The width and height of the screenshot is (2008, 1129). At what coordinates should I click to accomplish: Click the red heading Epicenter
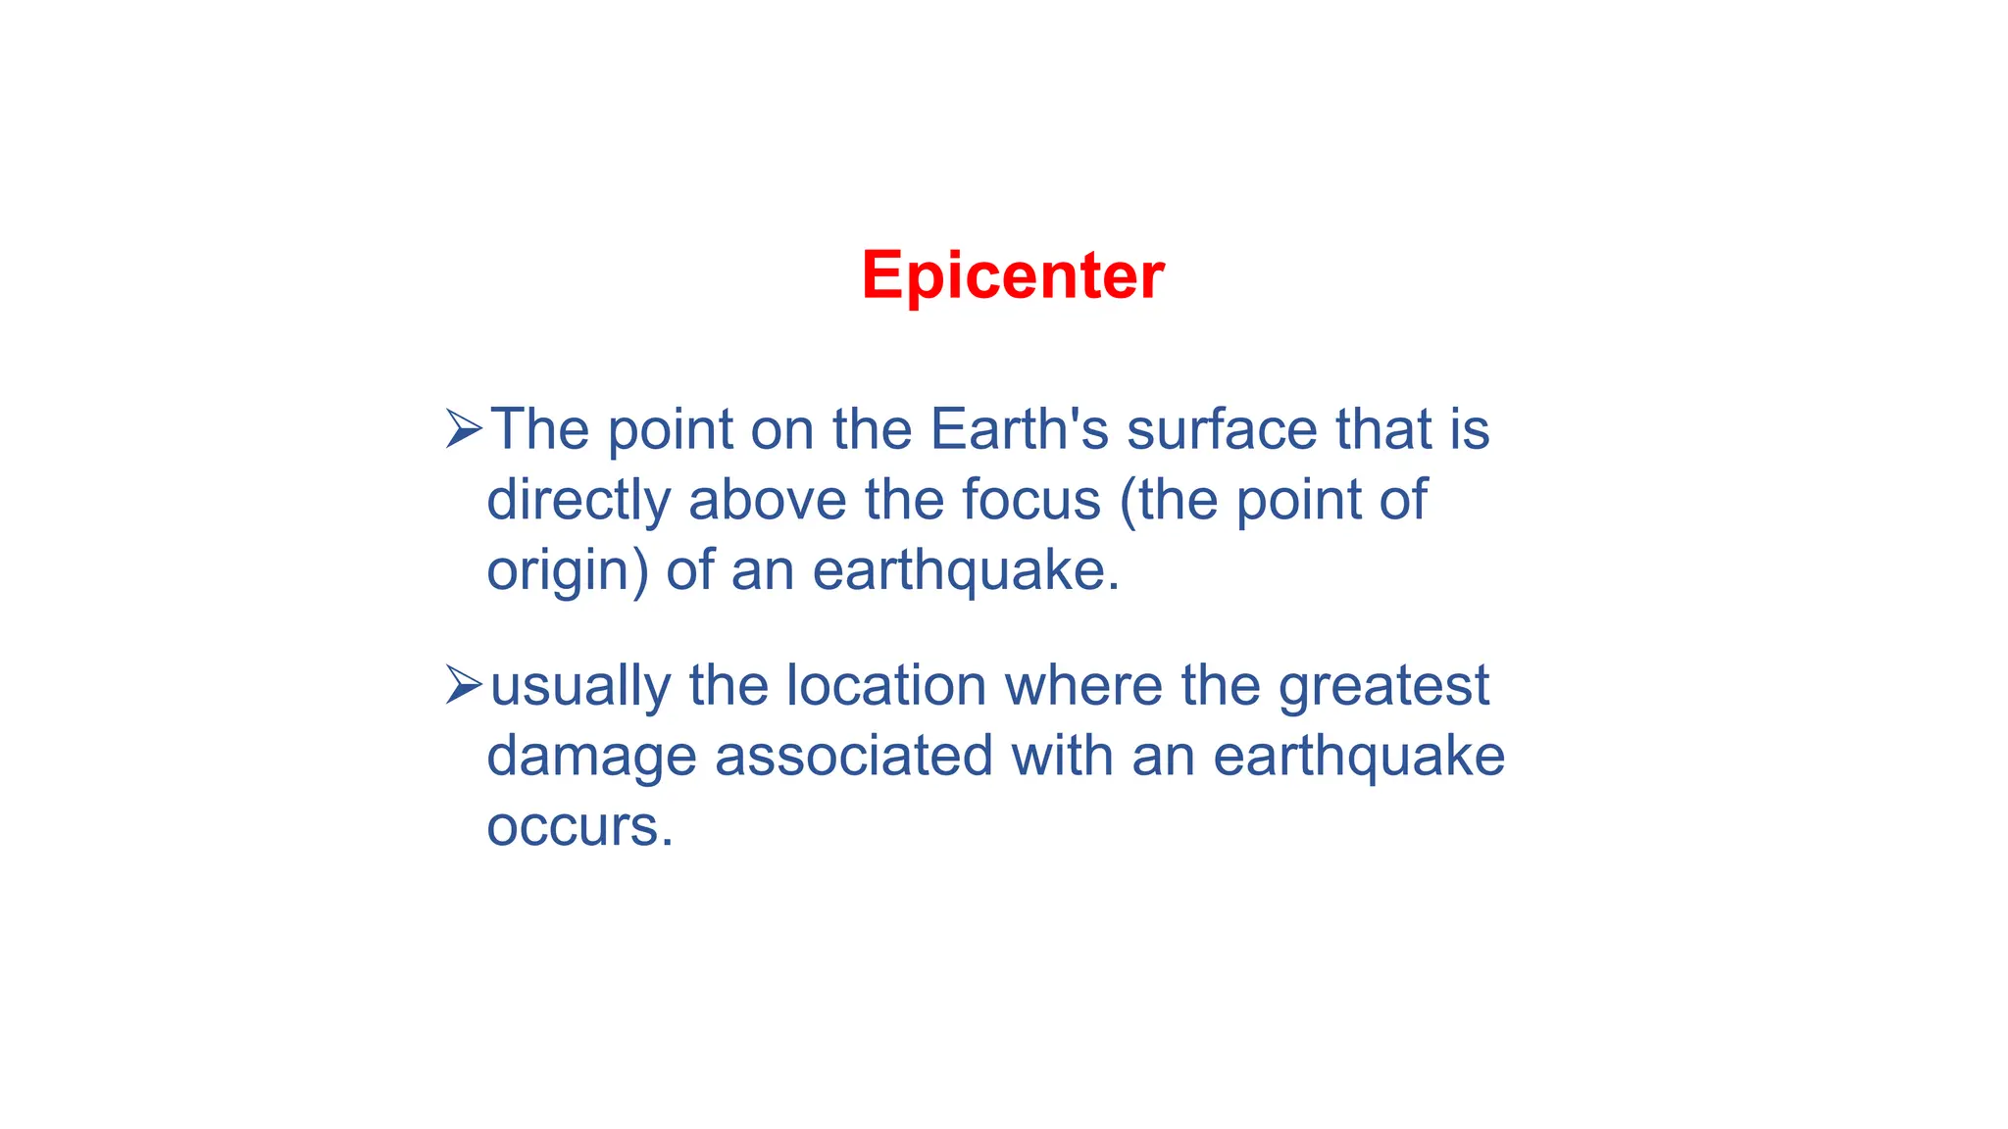point(1012,275)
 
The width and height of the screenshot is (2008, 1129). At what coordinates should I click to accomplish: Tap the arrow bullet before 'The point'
point(463,429)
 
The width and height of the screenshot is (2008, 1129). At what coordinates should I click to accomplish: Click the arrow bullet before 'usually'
point(463,685)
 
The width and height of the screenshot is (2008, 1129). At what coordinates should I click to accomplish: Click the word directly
point(578,500)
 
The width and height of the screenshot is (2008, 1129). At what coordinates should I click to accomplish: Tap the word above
point(767,500)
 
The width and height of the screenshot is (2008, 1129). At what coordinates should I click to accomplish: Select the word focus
point(1031,500)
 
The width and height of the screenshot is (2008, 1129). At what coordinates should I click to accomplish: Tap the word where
point(1083,685)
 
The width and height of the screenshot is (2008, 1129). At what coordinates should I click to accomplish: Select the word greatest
point(1383,685)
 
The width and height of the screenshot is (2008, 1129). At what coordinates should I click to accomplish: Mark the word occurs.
point(579,826)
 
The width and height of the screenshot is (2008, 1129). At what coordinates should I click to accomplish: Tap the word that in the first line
point(1379,429)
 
